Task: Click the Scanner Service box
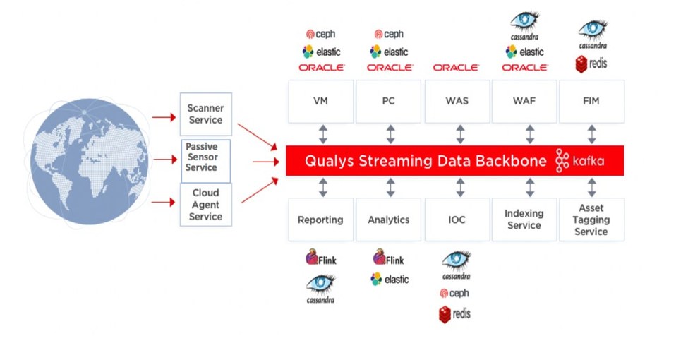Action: pyautogui.click(x=205, y=114)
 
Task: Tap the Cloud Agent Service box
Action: pyautogui.click(x=205, y=205)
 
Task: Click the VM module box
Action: pyautogui.click(x=320, y=102)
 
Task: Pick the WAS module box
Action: pyautogui.click(x=457, y=102)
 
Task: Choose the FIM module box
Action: pyautogui.click(x=591, y=102)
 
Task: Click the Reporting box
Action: pyautogui.click(x=320, y=220)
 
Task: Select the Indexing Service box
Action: pyautogui.click(x=524, y=220)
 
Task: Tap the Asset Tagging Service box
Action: pyautogui.click(x=591, y=220)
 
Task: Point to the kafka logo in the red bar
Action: pyautogui.click(x=580, y=161)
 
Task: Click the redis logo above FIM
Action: pyautogui.click(x=591, y=64)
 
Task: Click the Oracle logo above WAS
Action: pyautogui.click(x=457, y=68)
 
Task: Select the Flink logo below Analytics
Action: pyautogui.click(x=389, y=259)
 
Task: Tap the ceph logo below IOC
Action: pyautogui.click(x=454, y=294)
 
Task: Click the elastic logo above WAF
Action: pyautogui.click(x=524, y=52)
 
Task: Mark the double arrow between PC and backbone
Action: pyautogui.click(x=390, y=134)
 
